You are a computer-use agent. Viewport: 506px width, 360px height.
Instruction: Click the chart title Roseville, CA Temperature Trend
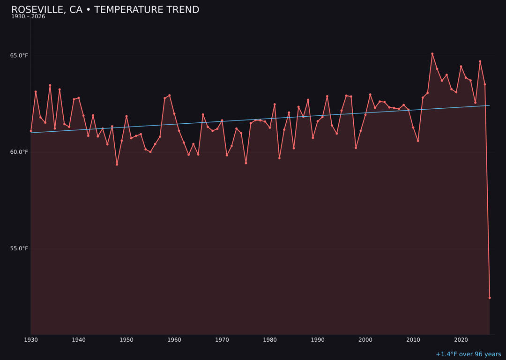pos(105,10)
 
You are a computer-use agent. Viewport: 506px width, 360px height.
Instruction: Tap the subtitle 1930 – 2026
pos(28,17)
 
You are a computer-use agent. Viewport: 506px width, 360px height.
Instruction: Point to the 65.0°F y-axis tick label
pos(19,56)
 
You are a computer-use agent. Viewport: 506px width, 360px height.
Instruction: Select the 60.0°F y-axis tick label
pos(19,152)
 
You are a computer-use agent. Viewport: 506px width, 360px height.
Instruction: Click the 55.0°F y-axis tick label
pos(19,248)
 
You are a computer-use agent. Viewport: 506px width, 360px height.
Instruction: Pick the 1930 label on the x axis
pos(31,339)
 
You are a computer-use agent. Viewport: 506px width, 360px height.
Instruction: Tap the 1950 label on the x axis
pos(126,339)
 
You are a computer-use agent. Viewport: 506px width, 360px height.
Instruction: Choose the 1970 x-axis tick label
pos(222,339)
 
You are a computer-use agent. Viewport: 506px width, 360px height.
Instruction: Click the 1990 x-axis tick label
pos(318,339)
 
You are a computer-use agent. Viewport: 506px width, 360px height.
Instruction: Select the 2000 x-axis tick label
pos(365,339)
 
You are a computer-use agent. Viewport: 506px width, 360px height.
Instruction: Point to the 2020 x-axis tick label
pos(461,339)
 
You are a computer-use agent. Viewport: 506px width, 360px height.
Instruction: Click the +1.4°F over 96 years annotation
pos(468,354)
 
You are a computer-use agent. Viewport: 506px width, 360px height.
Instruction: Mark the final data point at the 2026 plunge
pos(490,298)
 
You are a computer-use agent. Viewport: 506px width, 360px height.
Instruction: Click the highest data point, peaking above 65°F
pos(432,54)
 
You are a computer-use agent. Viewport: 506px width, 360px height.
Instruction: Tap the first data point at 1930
pos(31,131)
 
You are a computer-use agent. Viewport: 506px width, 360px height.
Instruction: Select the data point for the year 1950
pos(126,116)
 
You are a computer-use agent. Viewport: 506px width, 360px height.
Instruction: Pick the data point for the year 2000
pos(365,115)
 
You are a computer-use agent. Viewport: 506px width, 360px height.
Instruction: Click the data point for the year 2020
pos(461,67)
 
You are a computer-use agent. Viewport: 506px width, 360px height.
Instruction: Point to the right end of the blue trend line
pos(490,105)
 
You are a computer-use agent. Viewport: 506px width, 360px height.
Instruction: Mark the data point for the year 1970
pos(222,120)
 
